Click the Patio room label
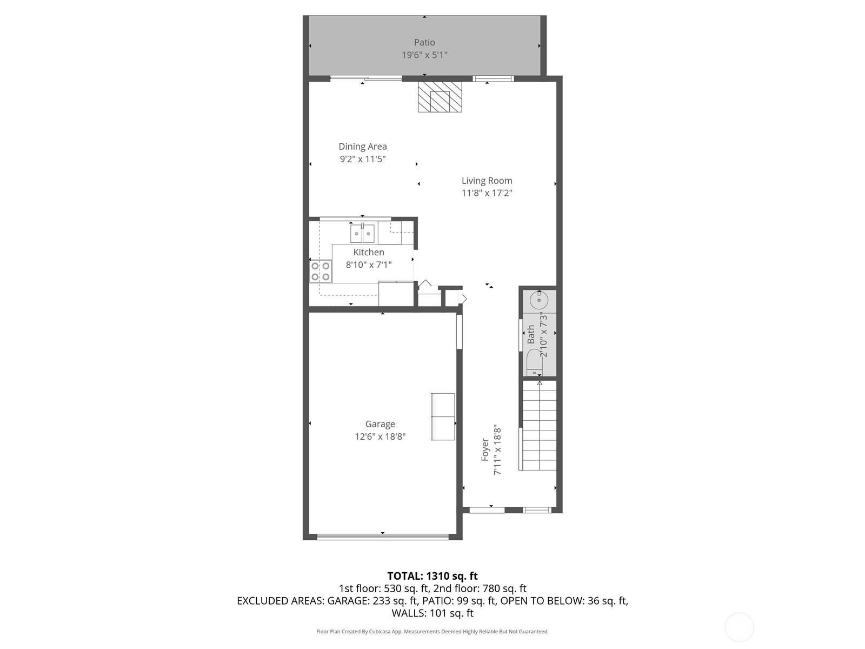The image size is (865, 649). pyautogui.click(x=424, y=42)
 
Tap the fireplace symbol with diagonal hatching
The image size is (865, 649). pyautogui.click(x=440, y=97)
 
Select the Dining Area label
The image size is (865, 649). pyautogui.click(x=363, y=147)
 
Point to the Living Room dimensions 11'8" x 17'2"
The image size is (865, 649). pyautogui.click(x=487, y=193)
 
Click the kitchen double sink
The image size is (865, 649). pyautogui.click(x=362, y=234)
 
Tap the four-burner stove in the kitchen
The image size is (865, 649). pyautogui.click(x=321, y=271)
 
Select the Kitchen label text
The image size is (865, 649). pyautogui.click(x=369, y=252)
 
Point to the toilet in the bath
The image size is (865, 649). pyautogui.click(x=535, y=363)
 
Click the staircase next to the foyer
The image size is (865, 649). pyautogui.click(x=539, y=425)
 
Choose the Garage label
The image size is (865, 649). pyautogui.click(x=380, y=424)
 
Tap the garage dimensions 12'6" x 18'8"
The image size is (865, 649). pyautogui.click(x=380, y=436)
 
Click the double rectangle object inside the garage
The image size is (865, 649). pyautogui.click(x=443, y=416)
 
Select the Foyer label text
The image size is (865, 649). pyautogui.click(x=485, y=450)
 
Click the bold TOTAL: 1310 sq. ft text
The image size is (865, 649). pyautogui.click(x=432, y=576)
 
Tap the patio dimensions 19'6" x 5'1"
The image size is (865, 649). pyautogui.click(x=424, y=55)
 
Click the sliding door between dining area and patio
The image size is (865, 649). pyautogui.click(x=365, y=79)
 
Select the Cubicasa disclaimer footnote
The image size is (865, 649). pyautogui.click(x=432, y=632)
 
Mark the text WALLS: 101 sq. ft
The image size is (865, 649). pyautogui.click(x=432, y=613)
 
